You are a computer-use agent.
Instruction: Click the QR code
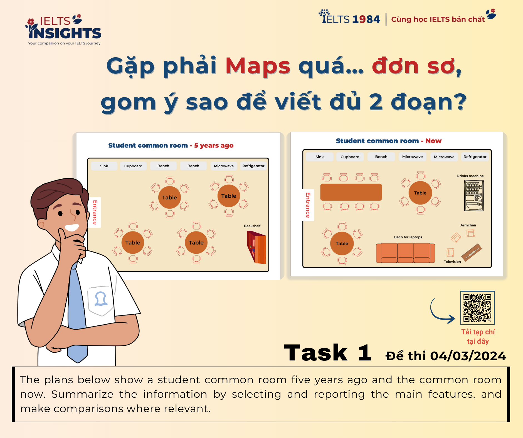477,308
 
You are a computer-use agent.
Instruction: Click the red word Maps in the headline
258,66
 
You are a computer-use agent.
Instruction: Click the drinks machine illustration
473,195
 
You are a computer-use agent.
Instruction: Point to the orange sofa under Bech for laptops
405,253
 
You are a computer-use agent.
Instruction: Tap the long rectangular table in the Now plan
351,192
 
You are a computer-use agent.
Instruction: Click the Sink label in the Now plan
319,157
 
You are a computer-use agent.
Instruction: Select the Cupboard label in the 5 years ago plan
133,166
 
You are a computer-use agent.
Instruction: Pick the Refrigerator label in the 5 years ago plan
253,166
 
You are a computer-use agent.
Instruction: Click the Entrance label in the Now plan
308,205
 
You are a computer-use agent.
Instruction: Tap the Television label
452,262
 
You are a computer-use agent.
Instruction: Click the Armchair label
468,225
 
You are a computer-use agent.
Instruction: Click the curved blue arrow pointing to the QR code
441,313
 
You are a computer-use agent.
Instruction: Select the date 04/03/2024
468,356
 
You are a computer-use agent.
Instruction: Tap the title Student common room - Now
388,141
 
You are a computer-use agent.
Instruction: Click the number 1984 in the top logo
366,19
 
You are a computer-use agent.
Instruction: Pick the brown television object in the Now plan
472,252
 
